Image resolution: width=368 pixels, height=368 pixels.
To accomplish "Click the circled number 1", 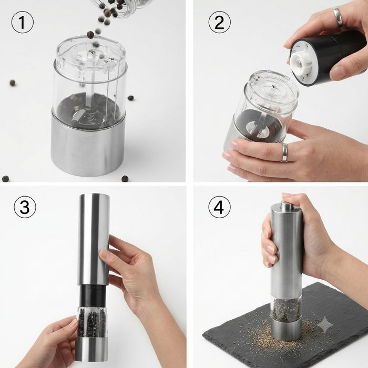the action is tap(22, 22).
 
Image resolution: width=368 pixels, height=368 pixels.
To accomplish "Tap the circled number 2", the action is tap(219, 22).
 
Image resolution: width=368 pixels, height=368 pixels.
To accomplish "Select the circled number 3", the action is tap(25, 207).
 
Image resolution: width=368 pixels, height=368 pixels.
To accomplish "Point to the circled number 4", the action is tap(219, 207).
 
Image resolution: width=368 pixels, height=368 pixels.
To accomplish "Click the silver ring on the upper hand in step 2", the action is tap(338, 16).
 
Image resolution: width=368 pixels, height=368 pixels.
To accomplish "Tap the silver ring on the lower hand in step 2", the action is tap(284, 152).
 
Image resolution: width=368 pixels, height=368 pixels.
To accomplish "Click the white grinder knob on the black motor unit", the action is tap(301, 62).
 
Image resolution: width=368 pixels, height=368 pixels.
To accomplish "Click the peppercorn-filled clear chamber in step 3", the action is tap(91, 322).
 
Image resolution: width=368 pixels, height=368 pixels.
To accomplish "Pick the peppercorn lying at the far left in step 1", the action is tap(13, 83).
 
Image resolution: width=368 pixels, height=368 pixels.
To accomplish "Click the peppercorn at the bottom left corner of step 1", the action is tap(5, 179).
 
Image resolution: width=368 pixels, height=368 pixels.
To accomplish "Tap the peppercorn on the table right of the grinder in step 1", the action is tap(131, 98).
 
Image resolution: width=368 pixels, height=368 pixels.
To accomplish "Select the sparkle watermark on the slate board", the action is tap(325, 325).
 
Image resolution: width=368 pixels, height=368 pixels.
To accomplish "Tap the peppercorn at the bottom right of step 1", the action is tap(125, 179).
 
